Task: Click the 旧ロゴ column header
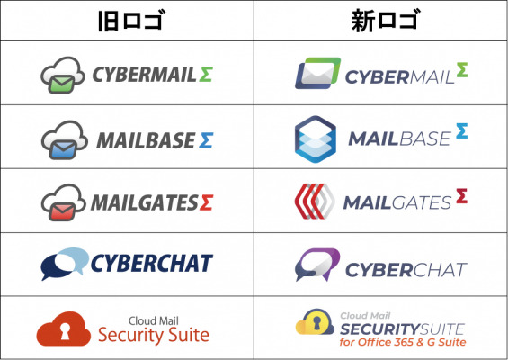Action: (x=131, y=21)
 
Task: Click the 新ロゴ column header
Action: (x=387, y=21)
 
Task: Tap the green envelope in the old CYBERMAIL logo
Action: (x=61, y=84)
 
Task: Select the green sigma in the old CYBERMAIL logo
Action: (x=206, y=75)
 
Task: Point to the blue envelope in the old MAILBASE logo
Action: (x=63, y=149)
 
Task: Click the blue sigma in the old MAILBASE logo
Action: (x=206, y=140)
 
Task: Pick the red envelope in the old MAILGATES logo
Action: (x=62, y=212)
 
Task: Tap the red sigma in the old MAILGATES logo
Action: (x=206, y=202)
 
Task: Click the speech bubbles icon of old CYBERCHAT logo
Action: (x=65, y=264)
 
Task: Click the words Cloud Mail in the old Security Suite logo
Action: (x=154, y=320)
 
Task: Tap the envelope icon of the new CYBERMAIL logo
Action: (x=317, y=73)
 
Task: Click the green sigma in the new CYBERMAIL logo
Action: (x=462, y=70)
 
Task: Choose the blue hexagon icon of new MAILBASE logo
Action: (x=316, y=139)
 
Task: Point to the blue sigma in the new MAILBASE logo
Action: (x=461, y=131)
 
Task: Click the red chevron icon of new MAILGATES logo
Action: (x=315, y=202)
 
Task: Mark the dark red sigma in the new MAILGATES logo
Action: (x=461, y=196)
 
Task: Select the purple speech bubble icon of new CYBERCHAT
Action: (x=317, y=265)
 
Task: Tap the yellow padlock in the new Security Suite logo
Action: (x=316, y=322)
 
